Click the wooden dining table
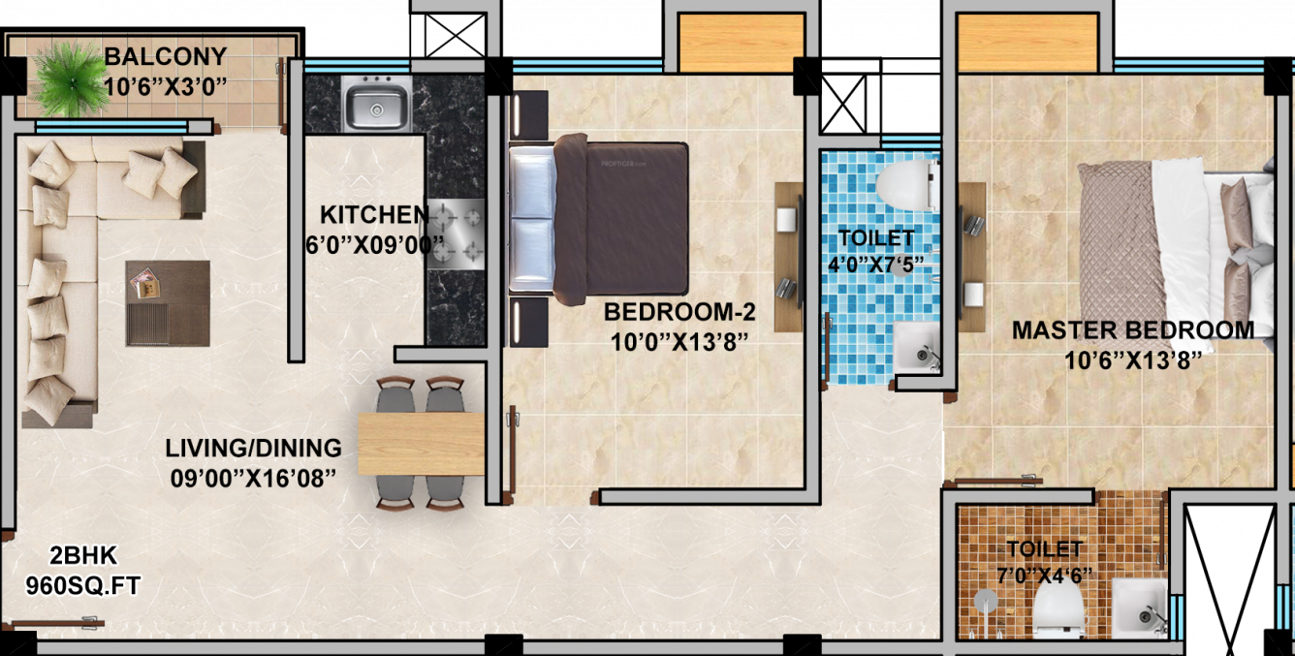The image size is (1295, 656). coord(421,444)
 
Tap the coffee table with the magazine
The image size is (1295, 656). coord(167,302)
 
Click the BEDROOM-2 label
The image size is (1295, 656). coord(679,312)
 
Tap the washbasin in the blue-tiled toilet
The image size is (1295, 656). coord(916,349)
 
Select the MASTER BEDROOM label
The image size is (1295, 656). coord(1132,330)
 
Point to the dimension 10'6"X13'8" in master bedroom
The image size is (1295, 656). coord(1132,359)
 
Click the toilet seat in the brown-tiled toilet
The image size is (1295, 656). coord(1058,610)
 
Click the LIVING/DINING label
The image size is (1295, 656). coord(253,449)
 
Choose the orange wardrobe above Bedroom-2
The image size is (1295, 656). coord(741,43)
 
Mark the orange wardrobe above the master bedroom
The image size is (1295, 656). coord(1027,43)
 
